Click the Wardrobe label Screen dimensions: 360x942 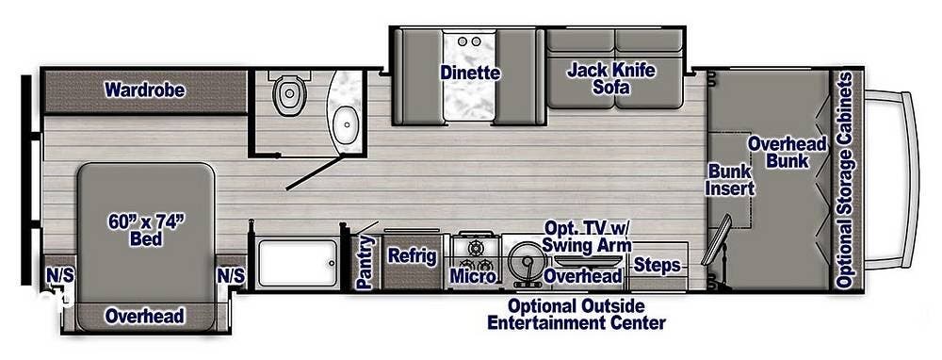(x=144, y=90)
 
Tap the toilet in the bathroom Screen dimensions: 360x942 (x=286, y=93)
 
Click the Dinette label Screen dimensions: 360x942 (x=469, y=73)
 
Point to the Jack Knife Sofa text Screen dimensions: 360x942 (x=610, y=79)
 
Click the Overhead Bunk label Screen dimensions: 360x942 (x=787, y=152)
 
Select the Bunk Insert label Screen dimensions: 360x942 (x=730, y=179)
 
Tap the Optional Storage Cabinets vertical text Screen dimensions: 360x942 (x=845, y=179)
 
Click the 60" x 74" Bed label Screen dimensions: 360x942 (x=146, y=230)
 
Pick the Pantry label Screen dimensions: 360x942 (x=365, y=262)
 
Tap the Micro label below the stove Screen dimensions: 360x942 (x=471, y=276)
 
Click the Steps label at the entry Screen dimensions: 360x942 (x=657, y=266)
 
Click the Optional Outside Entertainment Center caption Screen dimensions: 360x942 (x=576, y=315)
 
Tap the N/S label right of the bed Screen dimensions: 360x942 (x=231, y=275)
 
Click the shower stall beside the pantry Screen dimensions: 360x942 (x=298, y=262)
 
